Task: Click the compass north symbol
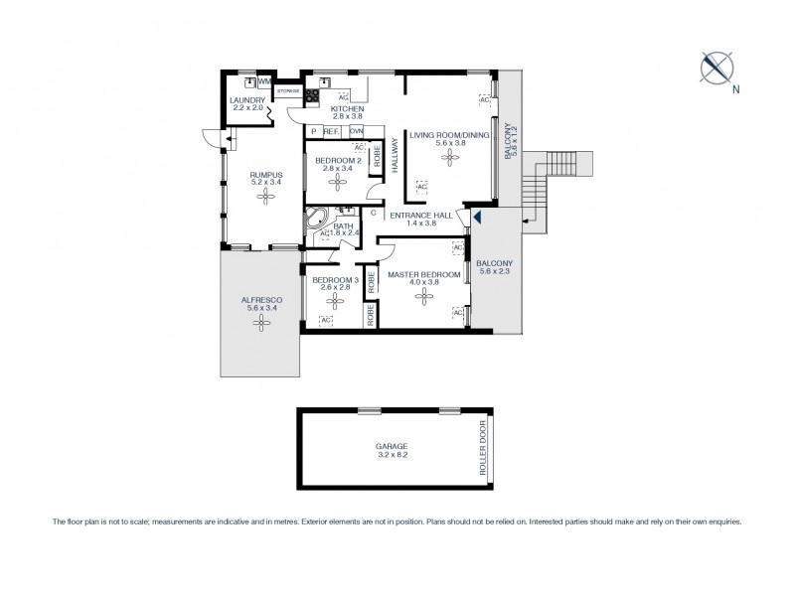pyautogui.click(x=715, y=67)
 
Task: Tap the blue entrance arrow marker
pyautogui.click(x=476, y=217)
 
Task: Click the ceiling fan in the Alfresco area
pyautogui.click(x=260, y=321)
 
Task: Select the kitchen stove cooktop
pyautogui.click(x=311, y=96)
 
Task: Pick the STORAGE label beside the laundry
pyautogui.click(x=287, y=90)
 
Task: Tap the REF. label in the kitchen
pyautogui.click(x=332, y=131)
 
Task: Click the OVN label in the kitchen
pyautogui.click(x=356, y=131)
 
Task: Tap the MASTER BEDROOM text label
pyautogui.click(x=423, y=273)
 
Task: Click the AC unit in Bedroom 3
pyautogui.click(x=325, y=320)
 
